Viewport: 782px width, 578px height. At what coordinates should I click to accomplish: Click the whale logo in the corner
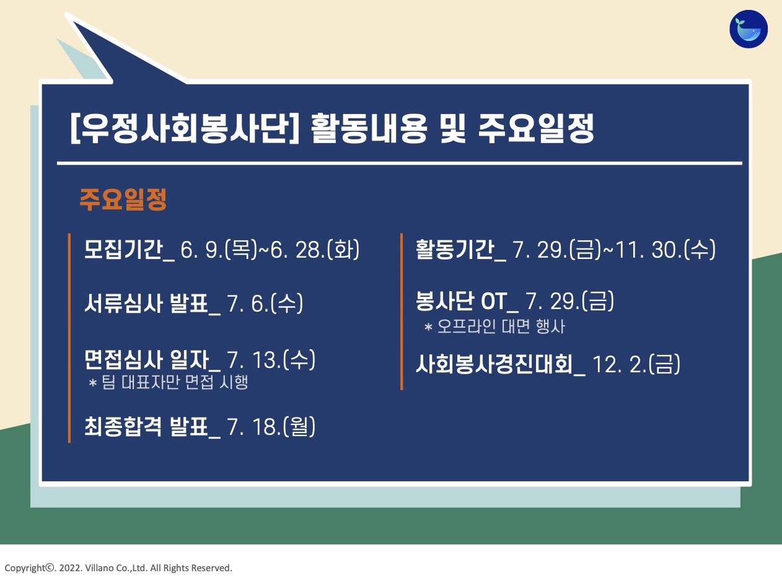coord(749,29)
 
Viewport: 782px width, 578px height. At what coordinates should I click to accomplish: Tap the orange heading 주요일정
coord(123,199)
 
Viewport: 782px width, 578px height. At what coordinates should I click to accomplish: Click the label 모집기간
coord(123,249)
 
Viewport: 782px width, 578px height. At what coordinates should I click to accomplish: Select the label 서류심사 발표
coord(146,303)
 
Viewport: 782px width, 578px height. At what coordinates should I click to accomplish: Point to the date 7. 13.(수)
coord(271,360)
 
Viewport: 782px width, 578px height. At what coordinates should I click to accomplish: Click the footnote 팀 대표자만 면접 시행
coord(175,382)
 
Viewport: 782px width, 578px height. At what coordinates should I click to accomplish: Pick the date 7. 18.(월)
coord(271,426)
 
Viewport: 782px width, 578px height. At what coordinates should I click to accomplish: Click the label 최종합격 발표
coord(146,426)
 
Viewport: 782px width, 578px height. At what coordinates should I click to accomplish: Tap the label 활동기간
coord(455,249)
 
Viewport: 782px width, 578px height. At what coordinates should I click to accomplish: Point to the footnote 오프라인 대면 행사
coord(501,326)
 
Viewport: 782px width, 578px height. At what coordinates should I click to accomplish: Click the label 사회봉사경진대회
coord(494,364)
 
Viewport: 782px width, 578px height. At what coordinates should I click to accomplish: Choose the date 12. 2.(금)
coord(636,364)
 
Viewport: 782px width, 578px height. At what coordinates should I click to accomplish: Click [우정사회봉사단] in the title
coord(185,128)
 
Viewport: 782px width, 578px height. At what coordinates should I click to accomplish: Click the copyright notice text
coord(118,567)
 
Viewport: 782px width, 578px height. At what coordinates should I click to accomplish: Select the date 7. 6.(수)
coord(265,303)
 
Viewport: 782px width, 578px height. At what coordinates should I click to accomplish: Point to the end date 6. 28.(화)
coord(315,249)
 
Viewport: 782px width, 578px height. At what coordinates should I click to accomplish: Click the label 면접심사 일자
coord(146,360)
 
